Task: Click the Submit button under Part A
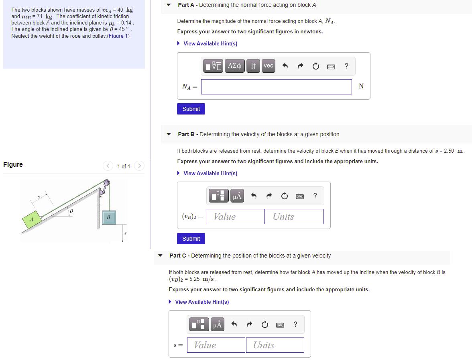point(191,109)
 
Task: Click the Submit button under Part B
point(191,239)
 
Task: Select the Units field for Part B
point(294,217)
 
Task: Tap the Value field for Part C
point(217,345)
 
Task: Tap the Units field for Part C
point(275,345)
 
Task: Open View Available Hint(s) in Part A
point(210,43)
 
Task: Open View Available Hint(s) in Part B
point(210,173)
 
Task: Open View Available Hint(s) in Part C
point(202,302)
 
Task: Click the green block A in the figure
point(31,219)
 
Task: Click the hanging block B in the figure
point(108,217)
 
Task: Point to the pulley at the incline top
point(106,185)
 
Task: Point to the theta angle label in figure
point(71,210)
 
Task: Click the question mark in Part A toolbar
point(346,66)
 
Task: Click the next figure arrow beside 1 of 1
point(139,166)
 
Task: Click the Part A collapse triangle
point(169,5)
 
